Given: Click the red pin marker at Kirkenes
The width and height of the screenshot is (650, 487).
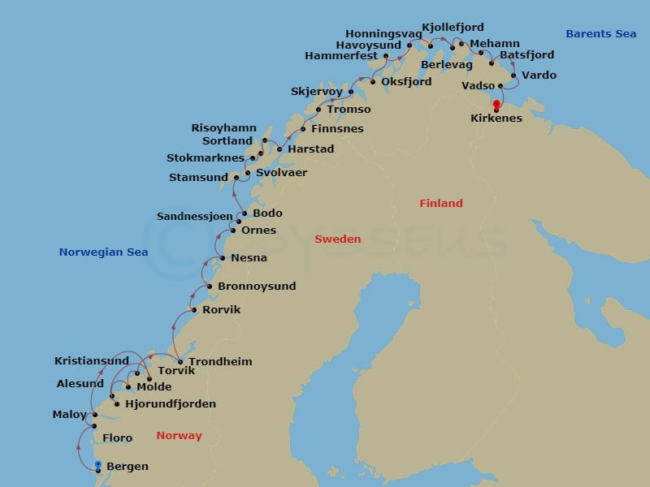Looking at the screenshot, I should coord(496,105).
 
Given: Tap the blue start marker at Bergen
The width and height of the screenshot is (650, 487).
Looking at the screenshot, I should coord(97,465).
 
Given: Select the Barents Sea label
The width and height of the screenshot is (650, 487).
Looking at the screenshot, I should coord(600,34).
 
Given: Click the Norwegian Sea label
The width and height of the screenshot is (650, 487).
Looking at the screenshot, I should coord(103,252).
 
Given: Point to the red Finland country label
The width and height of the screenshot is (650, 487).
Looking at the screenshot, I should coord(440,204).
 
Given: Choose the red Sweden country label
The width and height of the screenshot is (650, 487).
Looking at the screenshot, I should coord(337,239).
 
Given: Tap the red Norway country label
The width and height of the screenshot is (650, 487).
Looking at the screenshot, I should coord(179,436).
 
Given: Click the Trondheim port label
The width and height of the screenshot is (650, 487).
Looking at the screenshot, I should coord(219,362).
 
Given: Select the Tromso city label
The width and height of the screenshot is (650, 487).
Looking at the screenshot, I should coord(349,110).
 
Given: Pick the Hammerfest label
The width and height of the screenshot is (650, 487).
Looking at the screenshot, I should coord(341,56).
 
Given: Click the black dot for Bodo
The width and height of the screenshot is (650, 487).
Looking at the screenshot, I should coord(245,213).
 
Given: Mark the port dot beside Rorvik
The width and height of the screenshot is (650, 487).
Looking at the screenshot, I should coord(194,310).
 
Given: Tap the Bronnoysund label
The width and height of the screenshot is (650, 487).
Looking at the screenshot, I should coord(257,287).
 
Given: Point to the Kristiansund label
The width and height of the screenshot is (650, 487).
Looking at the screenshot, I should coord(92,361).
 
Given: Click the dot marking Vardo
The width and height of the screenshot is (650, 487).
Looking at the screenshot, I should coord(513,75).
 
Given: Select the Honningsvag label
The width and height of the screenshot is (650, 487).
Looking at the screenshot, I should coord(383,34).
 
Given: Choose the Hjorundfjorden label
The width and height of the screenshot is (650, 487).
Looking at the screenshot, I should coord(171,404).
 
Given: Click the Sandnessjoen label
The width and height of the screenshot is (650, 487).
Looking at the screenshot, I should coord(194,217).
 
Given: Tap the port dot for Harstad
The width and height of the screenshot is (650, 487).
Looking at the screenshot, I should coord(279,149).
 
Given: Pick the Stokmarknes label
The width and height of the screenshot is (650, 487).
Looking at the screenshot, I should coord(206,158).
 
